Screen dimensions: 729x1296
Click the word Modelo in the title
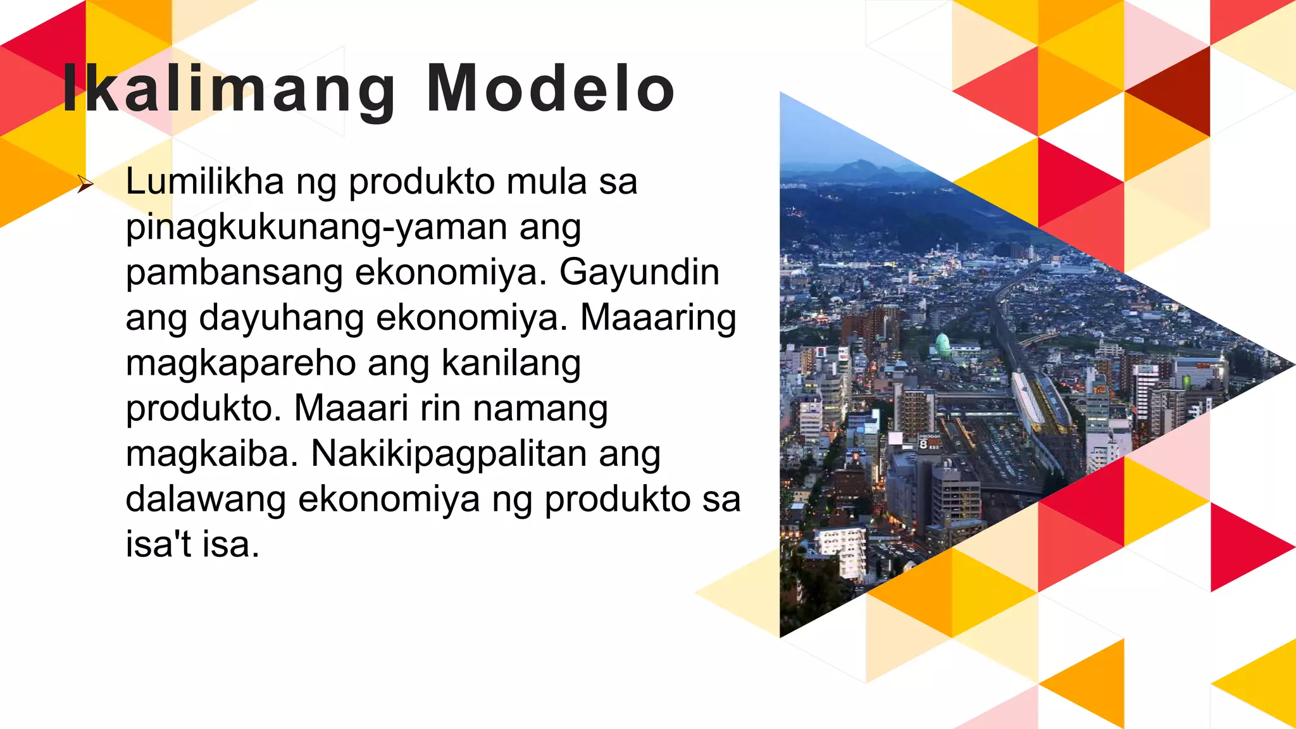(551, 90)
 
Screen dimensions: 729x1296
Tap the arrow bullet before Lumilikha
(85, 185)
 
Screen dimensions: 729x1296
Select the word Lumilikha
(205, 182)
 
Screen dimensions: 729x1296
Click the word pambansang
(234, 273)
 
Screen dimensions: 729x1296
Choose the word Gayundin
(639, 273)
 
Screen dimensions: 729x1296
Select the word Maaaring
(658, 318)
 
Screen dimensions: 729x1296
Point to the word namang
(540, 409)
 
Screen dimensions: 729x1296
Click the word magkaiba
(211, 454)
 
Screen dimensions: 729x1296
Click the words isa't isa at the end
(192, 544)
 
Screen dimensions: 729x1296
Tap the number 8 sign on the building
(924, 444)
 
